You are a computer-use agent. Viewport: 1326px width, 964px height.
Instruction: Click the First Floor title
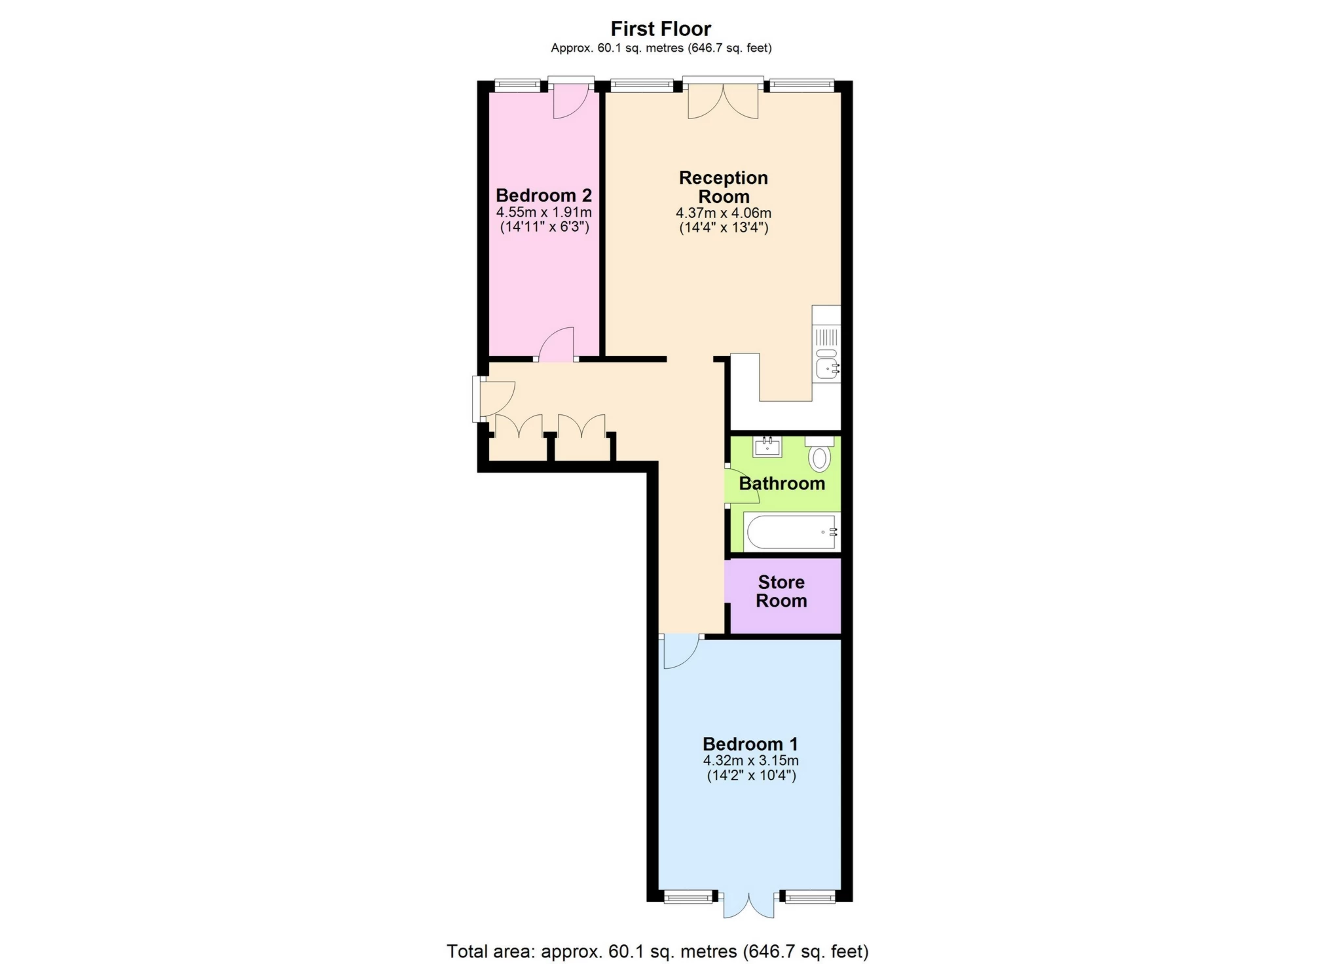pos(660,29)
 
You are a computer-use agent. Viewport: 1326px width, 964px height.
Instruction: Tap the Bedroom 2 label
pos(543,195)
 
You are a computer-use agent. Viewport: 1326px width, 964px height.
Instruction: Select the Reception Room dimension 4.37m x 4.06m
pos(723,213)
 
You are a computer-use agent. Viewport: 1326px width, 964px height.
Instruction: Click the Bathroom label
pos(781,484)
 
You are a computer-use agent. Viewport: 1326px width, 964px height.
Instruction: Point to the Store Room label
pos(781,591)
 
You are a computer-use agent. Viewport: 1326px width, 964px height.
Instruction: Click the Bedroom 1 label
pos(750,744)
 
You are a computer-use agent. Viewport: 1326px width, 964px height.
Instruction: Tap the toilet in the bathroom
pos(819,455)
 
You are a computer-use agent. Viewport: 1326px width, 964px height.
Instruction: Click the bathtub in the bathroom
pos(791,532)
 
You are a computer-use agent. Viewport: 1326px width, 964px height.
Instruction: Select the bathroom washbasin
pos(767,447)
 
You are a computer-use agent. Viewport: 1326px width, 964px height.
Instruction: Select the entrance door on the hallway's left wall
pos(494,398)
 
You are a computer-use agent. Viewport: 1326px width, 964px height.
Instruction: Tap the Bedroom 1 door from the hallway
pos(680,651)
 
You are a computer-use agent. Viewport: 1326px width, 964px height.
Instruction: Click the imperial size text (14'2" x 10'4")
pos(751,776)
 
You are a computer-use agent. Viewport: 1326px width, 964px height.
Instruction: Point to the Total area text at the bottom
pos(657,951)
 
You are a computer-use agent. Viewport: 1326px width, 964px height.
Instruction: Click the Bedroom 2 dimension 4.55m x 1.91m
pos(543,213)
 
